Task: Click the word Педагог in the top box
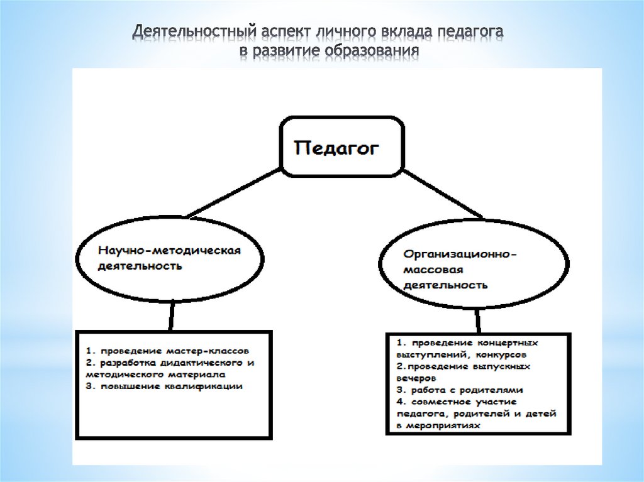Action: (338, 149)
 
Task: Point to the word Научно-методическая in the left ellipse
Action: (169, 250)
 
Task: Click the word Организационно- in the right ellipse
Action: (460, 255)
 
